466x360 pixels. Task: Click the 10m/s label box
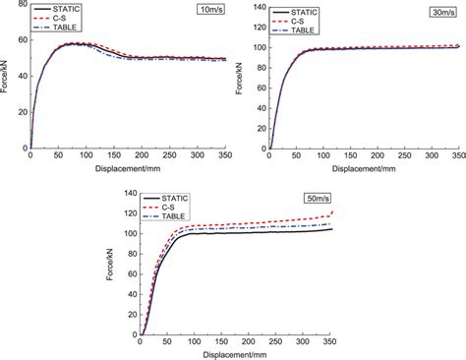(x=206, y=14)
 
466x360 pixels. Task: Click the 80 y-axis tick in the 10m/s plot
(x=21, y=7)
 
